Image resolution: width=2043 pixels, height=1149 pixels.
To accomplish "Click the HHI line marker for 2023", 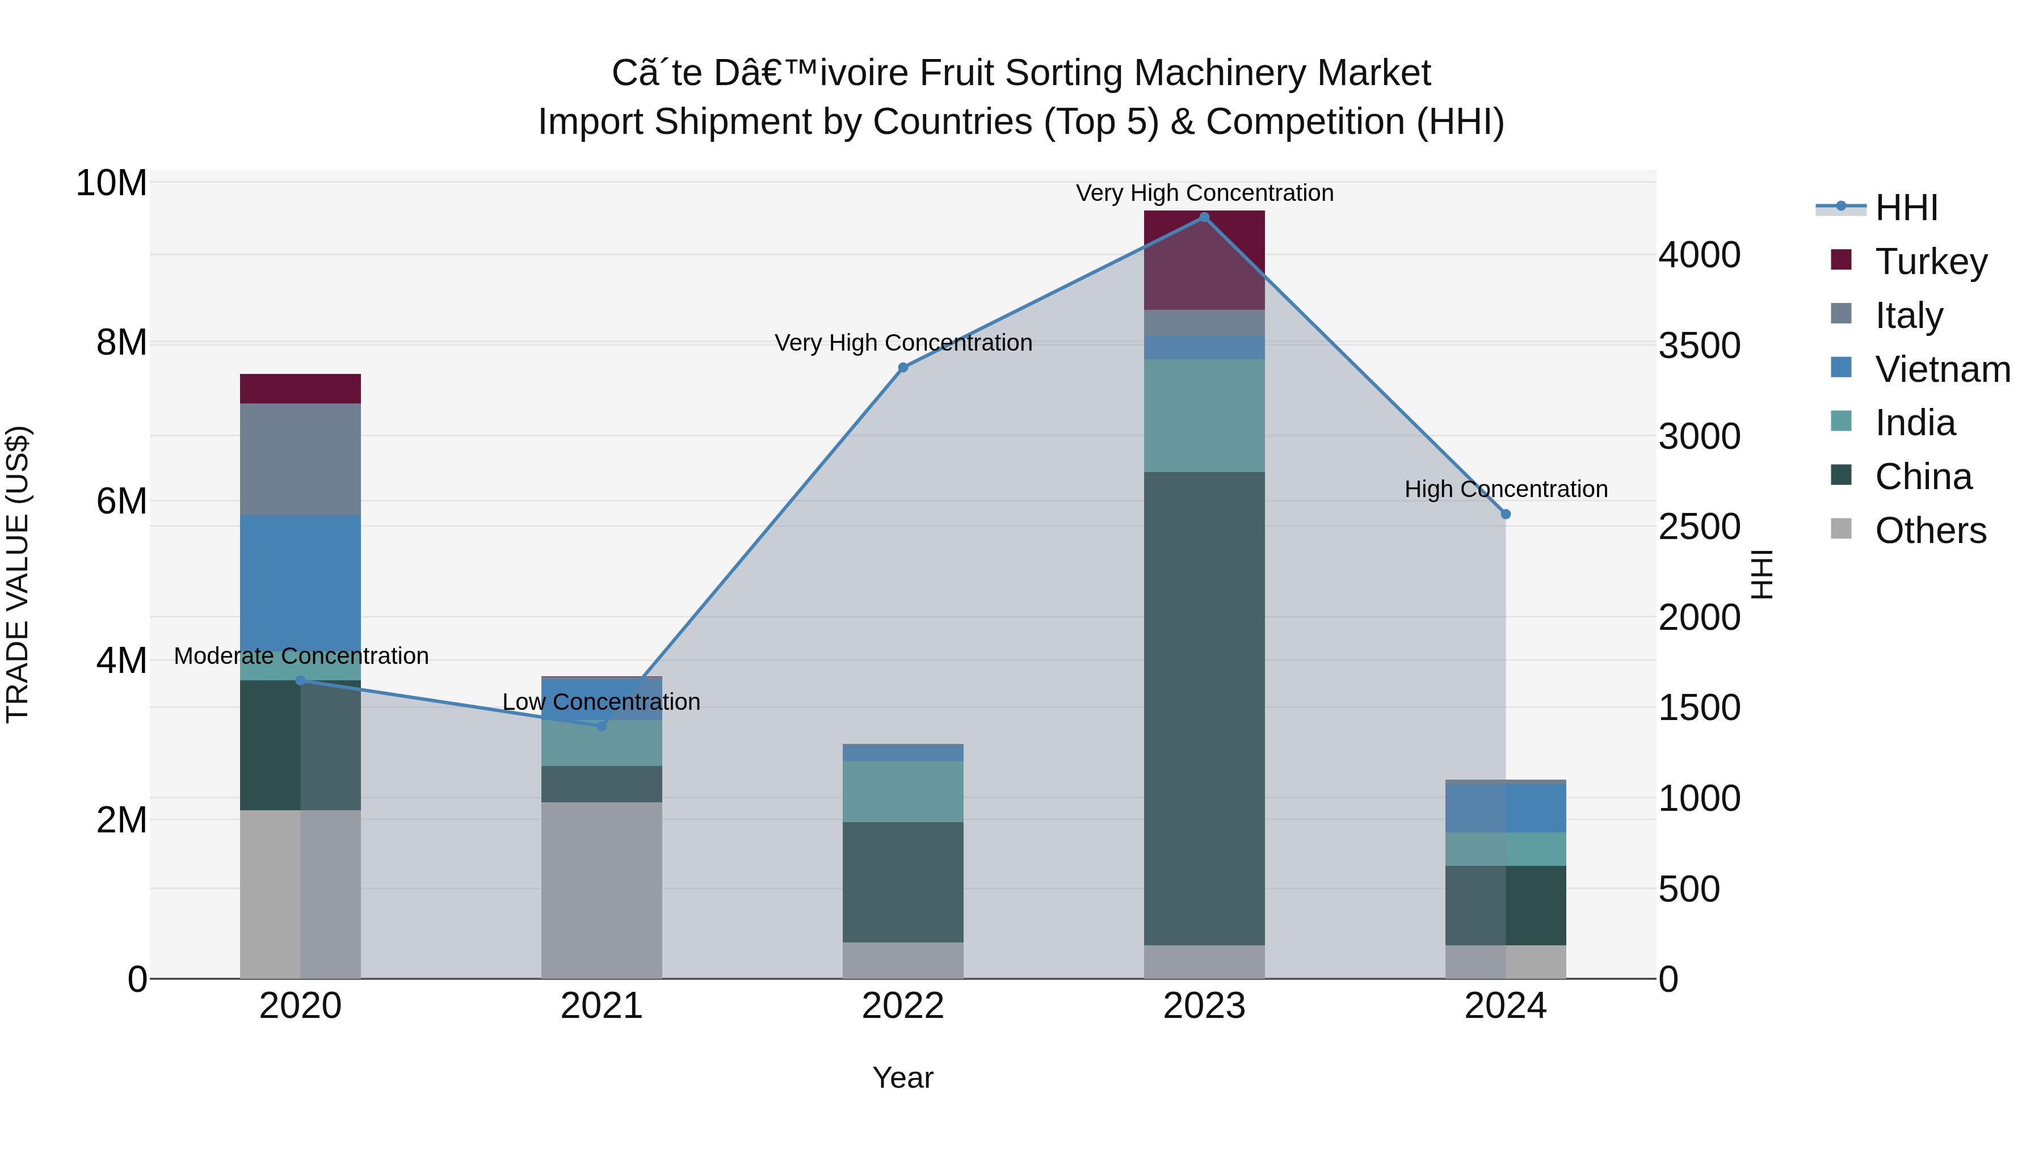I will pos(1204,217).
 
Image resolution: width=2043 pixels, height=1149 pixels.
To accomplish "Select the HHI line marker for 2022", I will pos(902,367).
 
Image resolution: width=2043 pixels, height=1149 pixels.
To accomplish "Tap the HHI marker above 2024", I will pos(1505,514).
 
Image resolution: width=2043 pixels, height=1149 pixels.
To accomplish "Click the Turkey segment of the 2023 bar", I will pos(1204,260).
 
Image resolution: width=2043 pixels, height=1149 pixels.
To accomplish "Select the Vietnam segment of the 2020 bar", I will pos(300,587).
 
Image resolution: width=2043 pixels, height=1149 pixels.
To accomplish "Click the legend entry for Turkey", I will pos(1931,261).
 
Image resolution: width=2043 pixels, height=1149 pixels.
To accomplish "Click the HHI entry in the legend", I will pos(1906,208).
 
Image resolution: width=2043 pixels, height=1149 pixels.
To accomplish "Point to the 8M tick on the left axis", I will pos(121,343).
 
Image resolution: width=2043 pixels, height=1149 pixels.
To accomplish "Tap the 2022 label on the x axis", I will pos(902,1006).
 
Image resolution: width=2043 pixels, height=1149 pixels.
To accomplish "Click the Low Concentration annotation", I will pos(601,702).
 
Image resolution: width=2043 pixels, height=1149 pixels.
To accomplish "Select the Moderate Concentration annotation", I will pos(301,656).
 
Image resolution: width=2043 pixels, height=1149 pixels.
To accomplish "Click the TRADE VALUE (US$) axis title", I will pos(18,574).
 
